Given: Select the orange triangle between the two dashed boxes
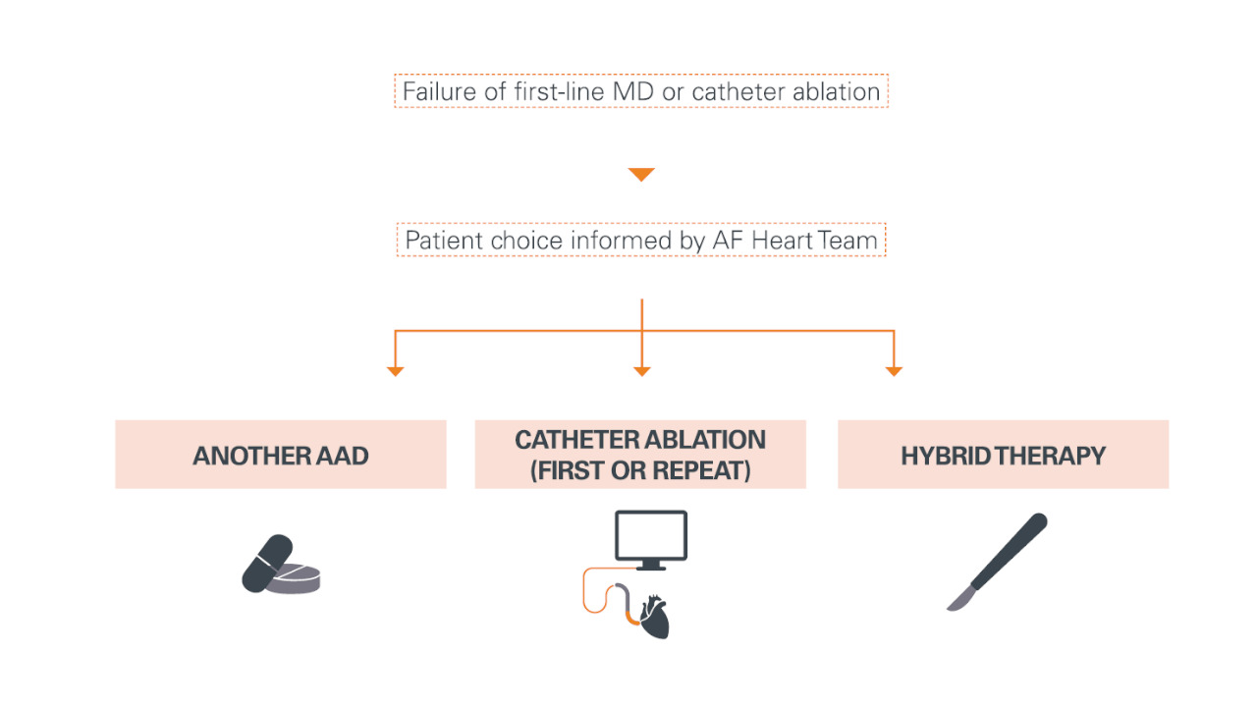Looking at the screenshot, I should [x=641, y=175].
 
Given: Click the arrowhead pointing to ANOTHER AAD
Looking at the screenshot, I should [x=395, y=371].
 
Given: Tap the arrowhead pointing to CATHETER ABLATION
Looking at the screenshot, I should [x=641, y=371].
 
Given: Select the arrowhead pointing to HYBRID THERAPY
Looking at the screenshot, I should [x=894, y=371].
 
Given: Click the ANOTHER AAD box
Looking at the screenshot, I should [x=281, y=455].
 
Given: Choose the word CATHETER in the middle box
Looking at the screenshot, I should [x=575, y=440].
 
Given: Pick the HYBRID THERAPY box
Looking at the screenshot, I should [x=1003, y=455].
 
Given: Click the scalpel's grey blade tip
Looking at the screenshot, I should [x=958, y=599].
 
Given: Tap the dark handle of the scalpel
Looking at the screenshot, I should [x=1011, y=550].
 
